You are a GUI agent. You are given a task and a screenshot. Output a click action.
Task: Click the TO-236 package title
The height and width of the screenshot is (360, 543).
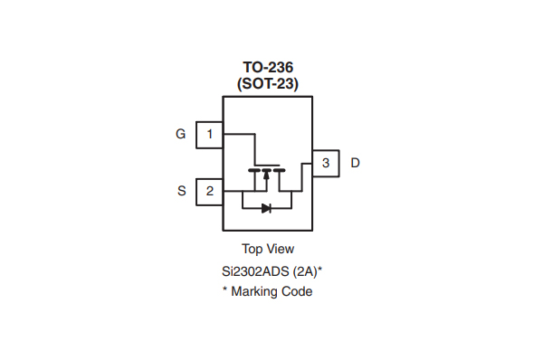click(268, 67)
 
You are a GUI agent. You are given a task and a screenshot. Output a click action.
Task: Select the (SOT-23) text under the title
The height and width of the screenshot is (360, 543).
click(268, 83)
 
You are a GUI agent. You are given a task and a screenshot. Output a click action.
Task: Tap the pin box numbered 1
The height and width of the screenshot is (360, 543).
click(210, 135)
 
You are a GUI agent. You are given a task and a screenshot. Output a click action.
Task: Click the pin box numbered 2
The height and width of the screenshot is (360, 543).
click(210, 191)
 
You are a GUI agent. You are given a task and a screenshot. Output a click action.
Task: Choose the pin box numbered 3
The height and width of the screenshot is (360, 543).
click(326, 163)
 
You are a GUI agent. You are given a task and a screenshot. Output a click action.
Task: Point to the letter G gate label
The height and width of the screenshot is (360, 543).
click(181, 135)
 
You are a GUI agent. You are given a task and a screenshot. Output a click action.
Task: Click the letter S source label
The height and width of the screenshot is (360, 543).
click(182, 191)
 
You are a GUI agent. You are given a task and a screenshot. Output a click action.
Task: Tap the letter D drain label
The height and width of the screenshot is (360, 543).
click(355, 163)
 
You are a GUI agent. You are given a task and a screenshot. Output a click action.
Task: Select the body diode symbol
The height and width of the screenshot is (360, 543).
click(267, 208)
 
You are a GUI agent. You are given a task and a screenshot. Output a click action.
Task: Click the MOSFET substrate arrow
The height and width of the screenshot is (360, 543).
click(267, 176)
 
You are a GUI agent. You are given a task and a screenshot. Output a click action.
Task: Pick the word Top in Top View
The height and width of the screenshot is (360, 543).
click(252, 249)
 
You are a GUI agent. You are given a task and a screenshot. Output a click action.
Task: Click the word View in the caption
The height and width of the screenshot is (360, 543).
click(280, 249)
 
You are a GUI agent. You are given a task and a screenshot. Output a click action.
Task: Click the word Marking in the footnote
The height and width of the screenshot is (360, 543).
click(255, 291)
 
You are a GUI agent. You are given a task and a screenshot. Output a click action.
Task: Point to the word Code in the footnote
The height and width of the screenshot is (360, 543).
click(297, 291)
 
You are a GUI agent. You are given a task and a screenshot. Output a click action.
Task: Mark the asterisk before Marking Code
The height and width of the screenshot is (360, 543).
click(225, 290)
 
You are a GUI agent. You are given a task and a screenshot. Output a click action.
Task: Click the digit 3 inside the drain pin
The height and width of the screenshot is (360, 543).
click(326, 163)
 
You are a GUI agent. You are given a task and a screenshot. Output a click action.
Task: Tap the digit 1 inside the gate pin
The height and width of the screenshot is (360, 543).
click(210, 135)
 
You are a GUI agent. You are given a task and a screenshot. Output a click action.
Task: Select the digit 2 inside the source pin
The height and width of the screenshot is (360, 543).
click(210, 191)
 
